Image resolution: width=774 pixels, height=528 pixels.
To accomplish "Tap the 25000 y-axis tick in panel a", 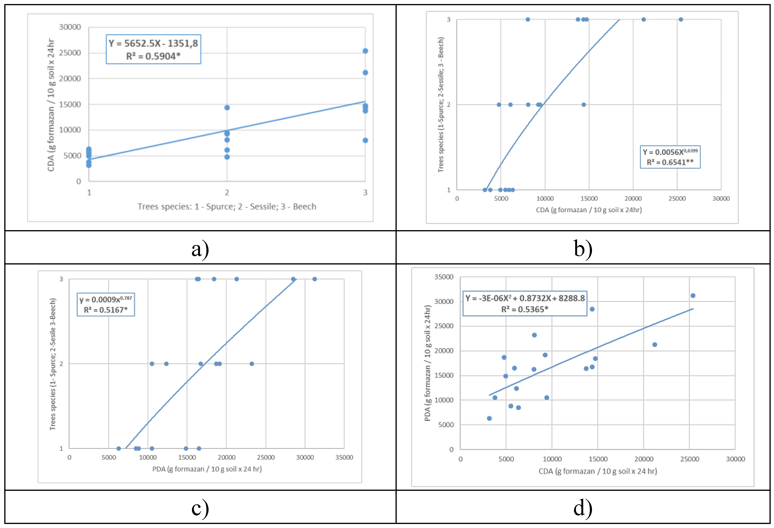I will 70,53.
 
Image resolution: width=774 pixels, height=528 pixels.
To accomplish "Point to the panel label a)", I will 200,249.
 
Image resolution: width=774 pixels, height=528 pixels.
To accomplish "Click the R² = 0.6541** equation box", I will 670,157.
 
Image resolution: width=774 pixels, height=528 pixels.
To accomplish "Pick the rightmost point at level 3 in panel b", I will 681,19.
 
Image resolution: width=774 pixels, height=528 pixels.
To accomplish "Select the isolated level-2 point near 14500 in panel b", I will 583,105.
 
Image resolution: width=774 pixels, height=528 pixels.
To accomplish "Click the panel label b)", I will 583,249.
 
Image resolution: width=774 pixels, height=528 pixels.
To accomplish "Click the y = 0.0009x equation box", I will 106,304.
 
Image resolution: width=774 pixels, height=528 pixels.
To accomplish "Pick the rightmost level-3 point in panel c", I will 314,279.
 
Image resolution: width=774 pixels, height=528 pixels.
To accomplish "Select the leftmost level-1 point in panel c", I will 118,448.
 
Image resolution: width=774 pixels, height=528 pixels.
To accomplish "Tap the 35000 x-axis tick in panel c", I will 344,457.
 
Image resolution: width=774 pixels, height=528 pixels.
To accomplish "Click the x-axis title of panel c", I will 207,469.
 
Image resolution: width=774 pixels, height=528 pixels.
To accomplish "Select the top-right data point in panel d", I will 693,295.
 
